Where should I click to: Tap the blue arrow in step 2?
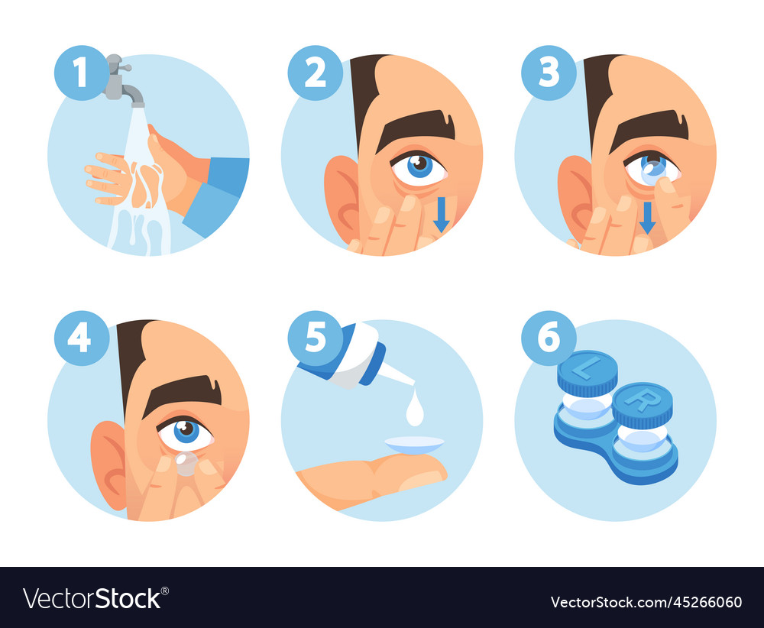click(441, 215)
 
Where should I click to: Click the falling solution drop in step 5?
click(415, 412)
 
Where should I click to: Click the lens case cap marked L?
click(587, 372)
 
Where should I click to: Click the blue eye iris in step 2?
click(419, 166)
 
